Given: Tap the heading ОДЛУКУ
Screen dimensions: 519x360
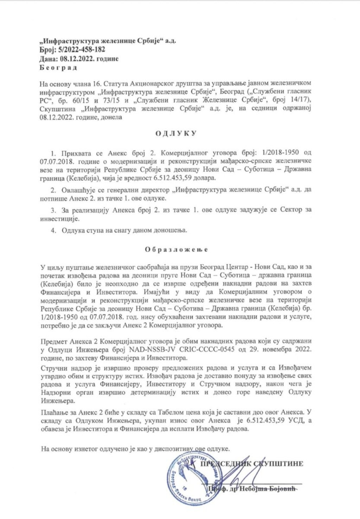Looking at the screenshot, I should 176,134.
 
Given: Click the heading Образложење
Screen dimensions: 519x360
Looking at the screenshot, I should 176,249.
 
